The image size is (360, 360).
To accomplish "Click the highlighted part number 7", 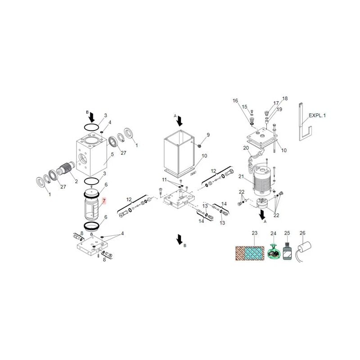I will [x=104, y=200].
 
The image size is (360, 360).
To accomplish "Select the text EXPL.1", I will [x=317, y=116].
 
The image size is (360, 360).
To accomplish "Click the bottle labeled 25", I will [x=287, y=252].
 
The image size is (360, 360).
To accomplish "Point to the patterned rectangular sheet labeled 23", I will [x=251, y=252].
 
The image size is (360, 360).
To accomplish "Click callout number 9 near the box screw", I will [x=208, y=135].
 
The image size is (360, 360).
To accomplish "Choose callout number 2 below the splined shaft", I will [x=76, y=181].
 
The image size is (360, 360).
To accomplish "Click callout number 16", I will [x=235, y=101].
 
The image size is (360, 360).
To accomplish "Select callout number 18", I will [x=284, y=99].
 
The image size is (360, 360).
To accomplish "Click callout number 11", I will [x=165, y=180].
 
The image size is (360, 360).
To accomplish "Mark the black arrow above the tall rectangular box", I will [x=180, y=121].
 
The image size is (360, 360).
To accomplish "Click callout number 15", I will [x=245, y=107].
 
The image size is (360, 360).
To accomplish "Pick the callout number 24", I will [x=273, y=233].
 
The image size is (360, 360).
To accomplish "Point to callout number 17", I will [x=276, y=103].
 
